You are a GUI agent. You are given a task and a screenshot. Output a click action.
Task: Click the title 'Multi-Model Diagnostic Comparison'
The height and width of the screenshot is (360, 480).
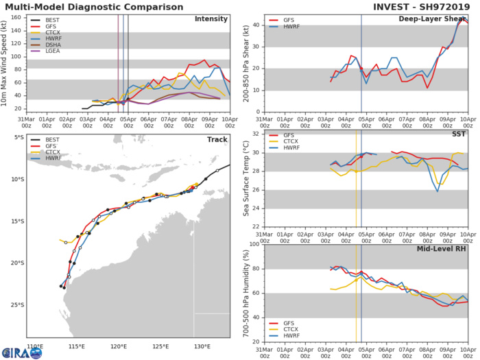click(x=104, y=6)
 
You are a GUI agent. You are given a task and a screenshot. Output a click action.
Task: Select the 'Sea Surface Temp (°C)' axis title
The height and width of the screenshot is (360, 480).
click(x=246, y=180)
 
